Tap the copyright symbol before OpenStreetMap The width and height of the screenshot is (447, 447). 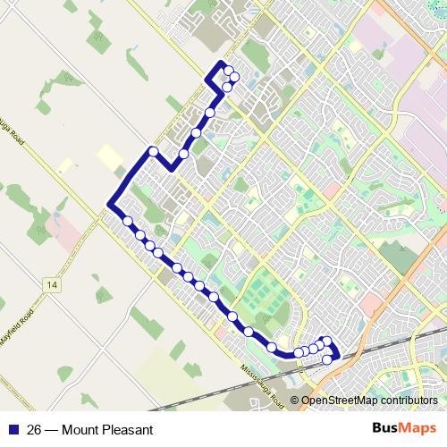click(295, 401)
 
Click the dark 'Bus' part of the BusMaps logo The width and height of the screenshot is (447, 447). click(386, 428)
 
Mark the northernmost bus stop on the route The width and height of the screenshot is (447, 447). click(229, 71)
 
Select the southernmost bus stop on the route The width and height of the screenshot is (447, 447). click(327, 359)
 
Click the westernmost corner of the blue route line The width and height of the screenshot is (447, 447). click(109, 206)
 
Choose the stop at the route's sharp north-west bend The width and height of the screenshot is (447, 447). click(154, 151)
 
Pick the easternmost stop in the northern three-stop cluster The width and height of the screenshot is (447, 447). click(234, 78)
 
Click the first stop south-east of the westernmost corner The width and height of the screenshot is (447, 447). click(128, 221)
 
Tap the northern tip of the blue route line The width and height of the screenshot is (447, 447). click(221, 62)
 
